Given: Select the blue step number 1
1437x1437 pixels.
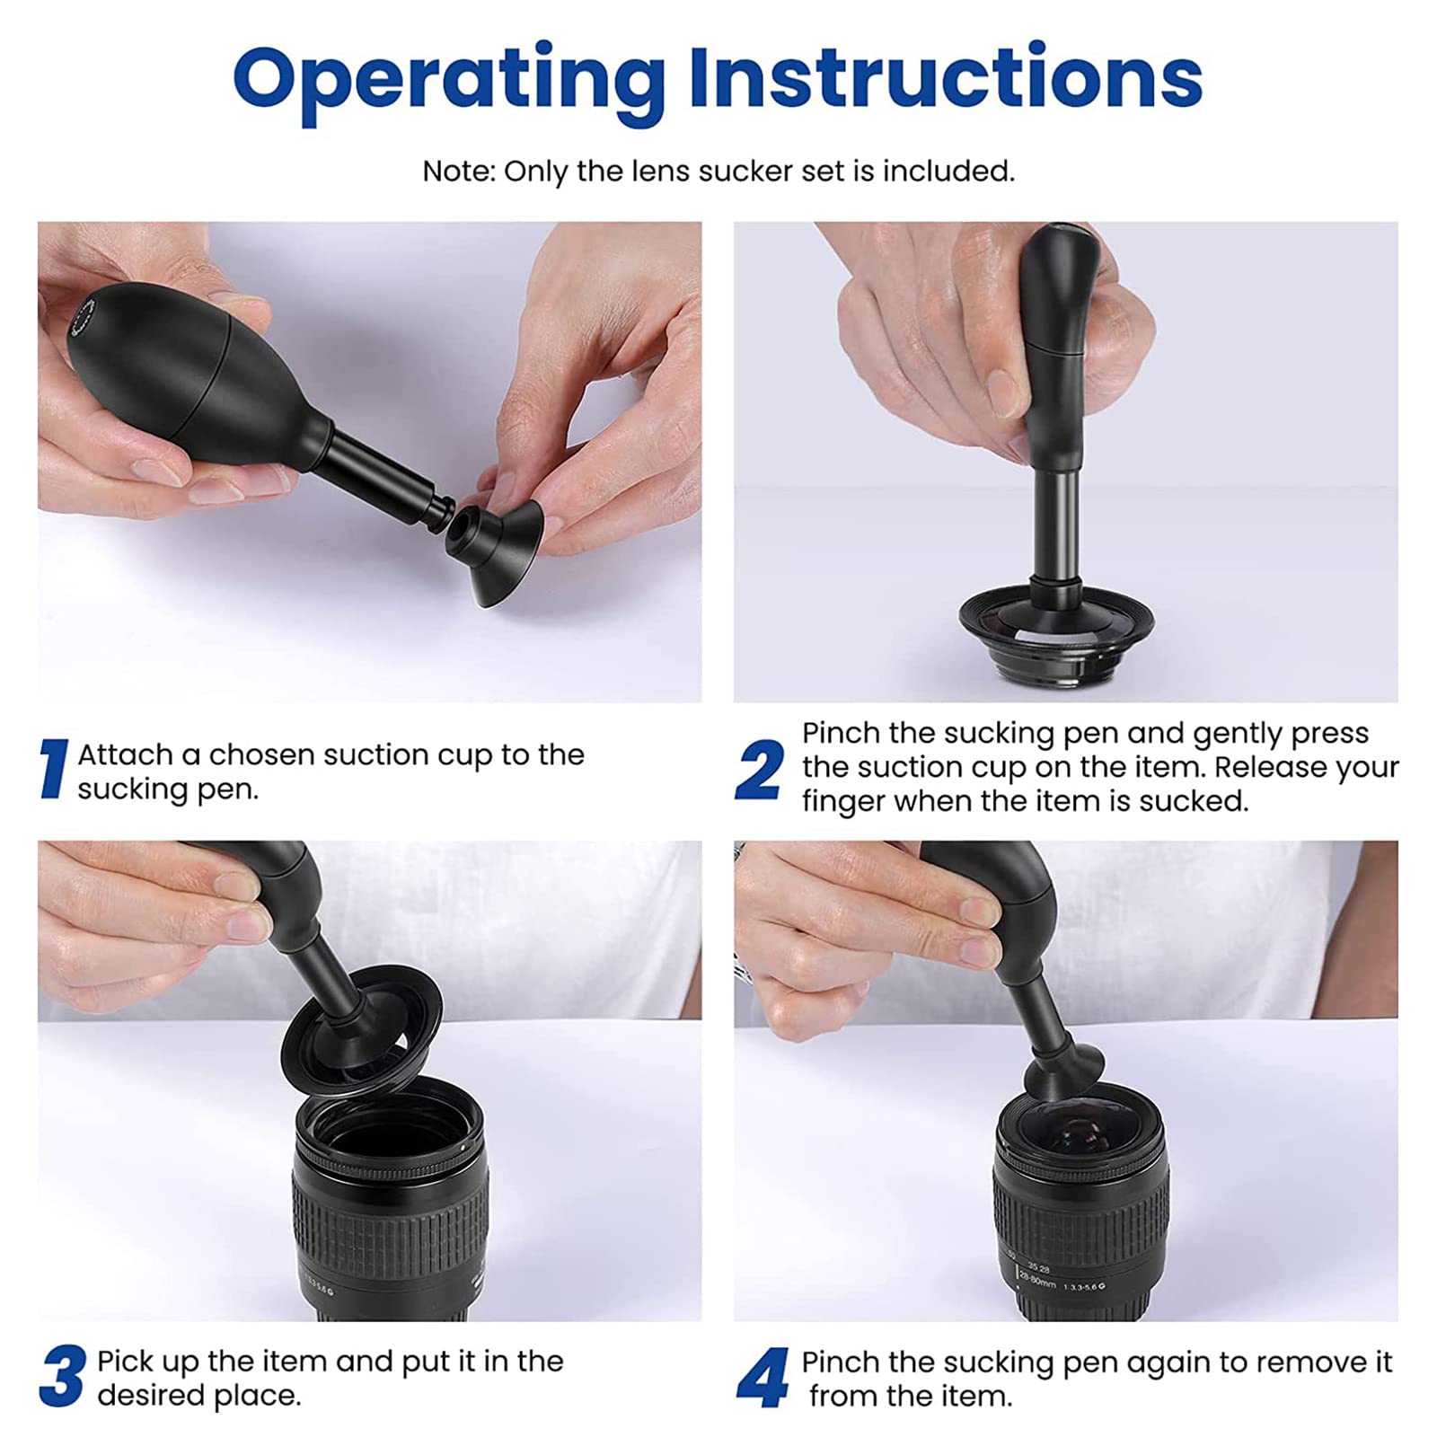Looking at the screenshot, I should coord(54,770).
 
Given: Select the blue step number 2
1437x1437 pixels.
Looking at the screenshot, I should coord(760,770).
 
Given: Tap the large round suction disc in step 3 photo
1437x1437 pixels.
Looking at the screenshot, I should coord(359,1033).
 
